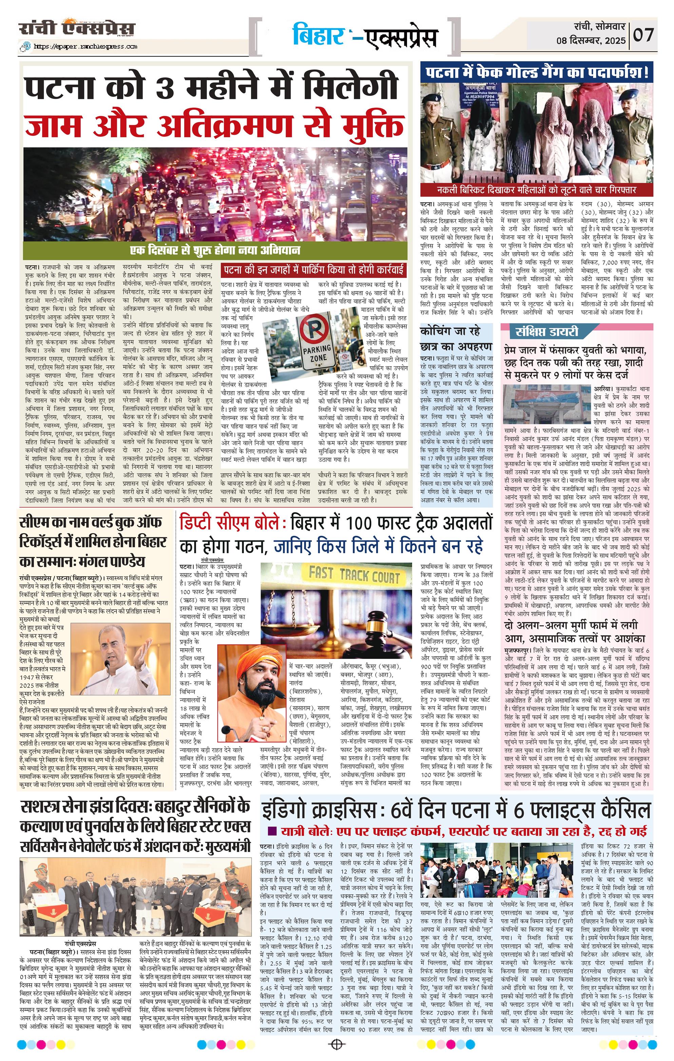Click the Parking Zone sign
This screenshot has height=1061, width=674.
point(318,338)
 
